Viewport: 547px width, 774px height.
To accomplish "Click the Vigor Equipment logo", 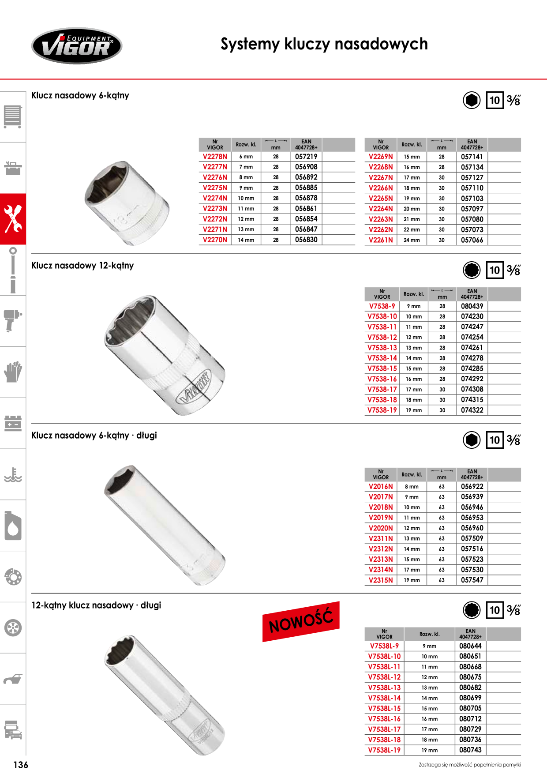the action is point(77,46).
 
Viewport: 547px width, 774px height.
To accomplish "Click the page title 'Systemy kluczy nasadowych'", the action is point(324,44).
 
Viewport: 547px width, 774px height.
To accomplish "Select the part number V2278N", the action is point(215,157).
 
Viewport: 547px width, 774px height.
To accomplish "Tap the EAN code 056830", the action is point(306,240).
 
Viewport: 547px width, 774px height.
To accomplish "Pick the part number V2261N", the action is point(381,240).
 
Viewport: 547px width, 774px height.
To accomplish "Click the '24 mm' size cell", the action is point(412,240).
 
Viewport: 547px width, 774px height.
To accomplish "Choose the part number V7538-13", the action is point(382,348).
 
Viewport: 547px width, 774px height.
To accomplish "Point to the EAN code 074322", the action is point(472,410).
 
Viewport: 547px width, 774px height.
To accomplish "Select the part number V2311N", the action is point(381,538).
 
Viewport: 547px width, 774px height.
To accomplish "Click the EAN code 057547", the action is point(472,580).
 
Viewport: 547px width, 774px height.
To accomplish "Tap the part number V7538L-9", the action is point(384,646).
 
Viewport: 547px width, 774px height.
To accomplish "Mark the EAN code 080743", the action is point(470,750).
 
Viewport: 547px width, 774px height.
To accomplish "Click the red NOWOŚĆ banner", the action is point(301,621).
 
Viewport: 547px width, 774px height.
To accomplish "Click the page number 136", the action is point(21,765).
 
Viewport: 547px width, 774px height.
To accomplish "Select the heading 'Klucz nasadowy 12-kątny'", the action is point(82,266).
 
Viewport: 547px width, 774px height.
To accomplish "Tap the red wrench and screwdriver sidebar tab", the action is point(13,219).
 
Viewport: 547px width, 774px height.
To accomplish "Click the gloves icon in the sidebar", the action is point(13,372).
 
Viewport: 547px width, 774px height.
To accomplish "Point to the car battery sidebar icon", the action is point(13,423).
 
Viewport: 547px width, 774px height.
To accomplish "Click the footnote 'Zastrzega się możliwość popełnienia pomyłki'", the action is point(470,765).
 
